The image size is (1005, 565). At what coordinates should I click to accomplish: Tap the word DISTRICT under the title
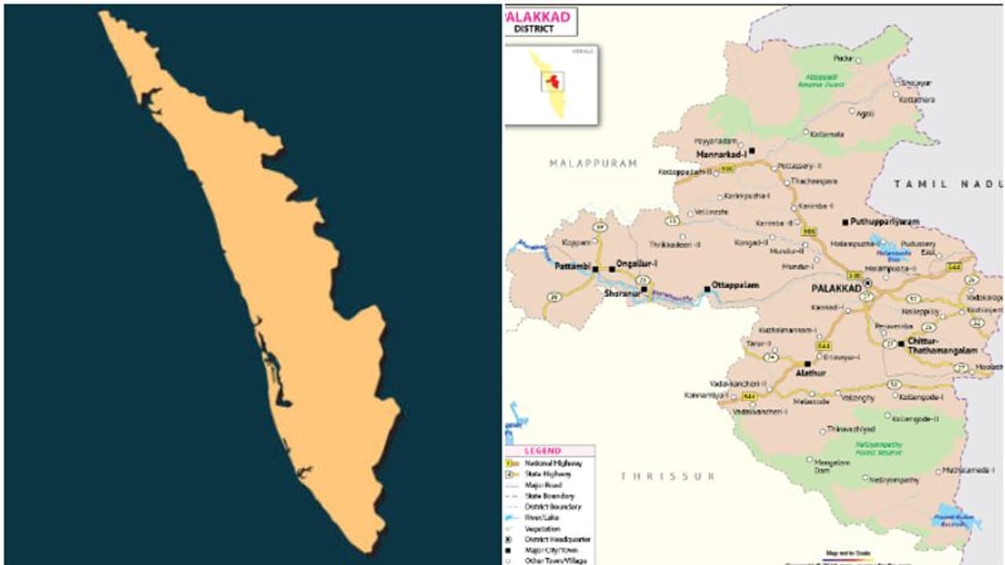[534, 29]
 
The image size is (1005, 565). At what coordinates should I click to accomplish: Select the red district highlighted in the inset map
[554, 81]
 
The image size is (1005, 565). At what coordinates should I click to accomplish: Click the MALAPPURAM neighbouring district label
[593, 163]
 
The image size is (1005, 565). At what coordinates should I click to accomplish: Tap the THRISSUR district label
[667, 476]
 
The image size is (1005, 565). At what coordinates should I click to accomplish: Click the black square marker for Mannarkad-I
[751, 151]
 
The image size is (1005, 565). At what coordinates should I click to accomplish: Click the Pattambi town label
[572, 267]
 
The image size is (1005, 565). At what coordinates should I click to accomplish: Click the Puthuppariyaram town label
[884, 222]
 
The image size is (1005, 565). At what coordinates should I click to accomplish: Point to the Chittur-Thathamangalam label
[941, 346]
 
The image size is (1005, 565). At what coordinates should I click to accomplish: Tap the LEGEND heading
[543, 451]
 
